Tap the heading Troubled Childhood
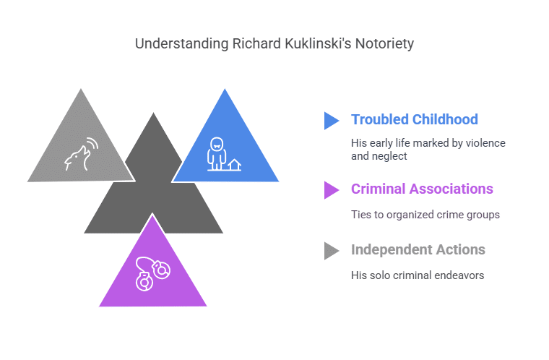(415, 119)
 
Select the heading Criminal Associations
(422, 189)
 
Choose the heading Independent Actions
(418, 249)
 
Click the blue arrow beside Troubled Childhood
(331, 120)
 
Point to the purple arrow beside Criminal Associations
(331, 189)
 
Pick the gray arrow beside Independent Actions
(331, 250)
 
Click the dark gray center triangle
(153, 195)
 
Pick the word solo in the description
(383, 275)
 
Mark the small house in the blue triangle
(233, 165)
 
